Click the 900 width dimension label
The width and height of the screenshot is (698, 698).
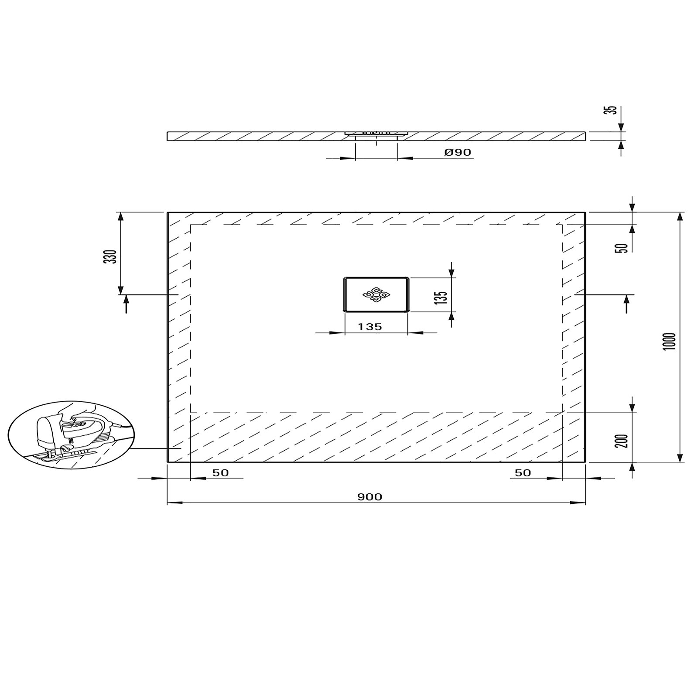(x=370, y=497)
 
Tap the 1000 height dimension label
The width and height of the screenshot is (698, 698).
(x=671, y=341)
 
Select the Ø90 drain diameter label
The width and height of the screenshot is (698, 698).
(x=458, y=152)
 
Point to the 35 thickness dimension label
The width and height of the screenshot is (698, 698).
(x=613, y=110)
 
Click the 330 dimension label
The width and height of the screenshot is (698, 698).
(x=112, y=257)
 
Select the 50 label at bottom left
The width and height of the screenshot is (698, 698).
(x=220, y=473)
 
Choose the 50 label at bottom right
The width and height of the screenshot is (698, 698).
(x=523, y=473)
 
